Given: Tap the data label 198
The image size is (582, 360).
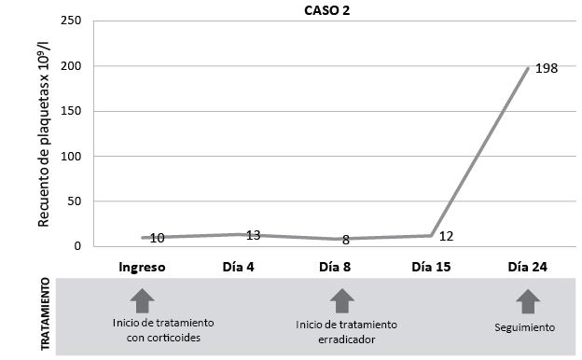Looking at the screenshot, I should (x=547, y=68).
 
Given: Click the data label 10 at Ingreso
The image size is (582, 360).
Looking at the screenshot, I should (x=158, y=239).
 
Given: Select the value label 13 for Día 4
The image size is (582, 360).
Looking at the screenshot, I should (x=253, y=235).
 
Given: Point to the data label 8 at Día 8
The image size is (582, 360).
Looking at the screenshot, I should (x=346, y=240).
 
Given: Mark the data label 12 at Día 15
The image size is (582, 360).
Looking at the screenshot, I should (x=447, y=235).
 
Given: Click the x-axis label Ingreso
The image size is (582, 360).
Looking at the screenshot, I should (x=142, y=267).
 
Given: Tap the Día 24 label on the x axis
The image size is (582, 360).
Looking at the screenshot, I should (x=528, y=267).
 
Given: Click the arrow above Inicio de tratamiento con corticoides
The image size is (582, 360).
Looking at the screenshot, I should (x=142, y=299).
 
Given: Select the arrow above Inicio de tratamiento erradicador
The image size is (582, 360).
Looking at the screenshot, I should (x=342, y=299).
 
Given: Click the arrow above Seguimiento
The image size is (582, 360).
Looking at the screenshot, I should (x=528, y=299).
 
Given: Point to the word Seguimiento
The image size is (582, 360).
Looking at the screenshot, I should (x=525, y=327).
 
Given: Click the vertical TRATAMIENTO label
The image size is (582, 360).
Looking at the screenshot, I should (x=44, y=317).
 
